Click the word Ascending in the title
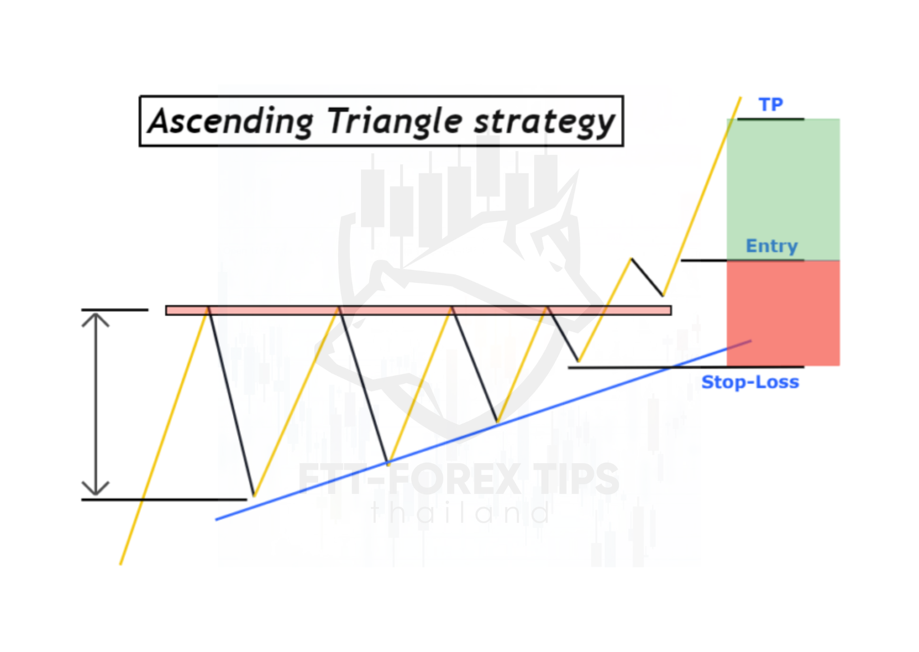click(231, 122)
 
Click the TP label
click(771, 105)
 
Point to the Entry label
click(772, 246)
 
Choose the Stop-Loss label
click(750, 382)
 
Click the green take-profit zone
click(783, 189)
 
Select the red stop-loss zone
click(783, 313)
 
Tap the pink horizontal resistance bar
click(418, 310)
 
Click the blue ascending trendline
click(483, 430)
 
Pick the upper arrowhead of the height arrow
click(96, 318)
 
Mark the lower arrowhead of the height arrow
click(96, 489)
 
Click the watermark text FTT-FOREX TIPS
click(459, 479)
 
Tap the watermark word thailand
click(461, 513)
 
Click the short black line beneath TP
click(771, 119)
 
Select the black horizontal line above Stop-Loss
click(686, 367)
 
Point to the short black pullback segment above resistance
click(647, 277)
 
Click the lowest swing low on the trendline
click(254, 495)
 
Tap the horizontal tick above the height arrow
click(115, 310)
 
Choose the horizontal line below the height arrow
click(164, 499)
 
